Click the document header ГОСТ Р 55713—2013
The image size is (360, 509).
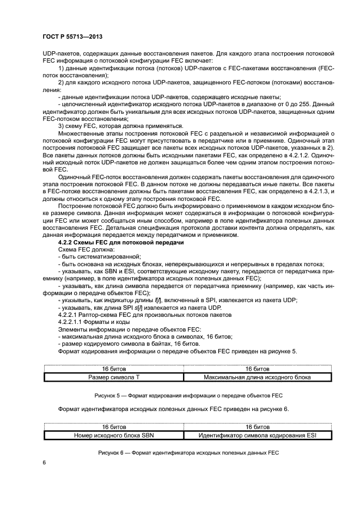pos(72,36)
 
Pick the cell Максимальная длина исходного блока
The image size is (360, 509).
pos(250,376)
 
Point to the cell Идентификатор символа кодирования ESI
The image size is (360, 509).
pos(250,434)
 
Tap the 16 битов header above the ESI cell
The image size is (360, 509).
pos(250,427)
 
